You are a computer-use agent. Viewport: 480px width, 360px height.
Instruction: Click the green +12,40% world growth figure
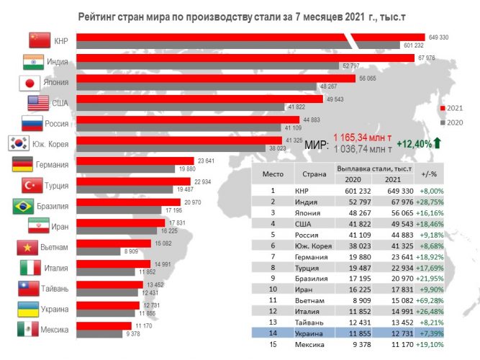413,144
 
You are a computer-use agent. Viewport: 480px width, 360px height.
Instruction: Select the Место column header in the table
273,173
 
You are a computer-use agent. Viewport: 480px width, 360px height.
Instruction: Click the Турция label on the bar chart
56,185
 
